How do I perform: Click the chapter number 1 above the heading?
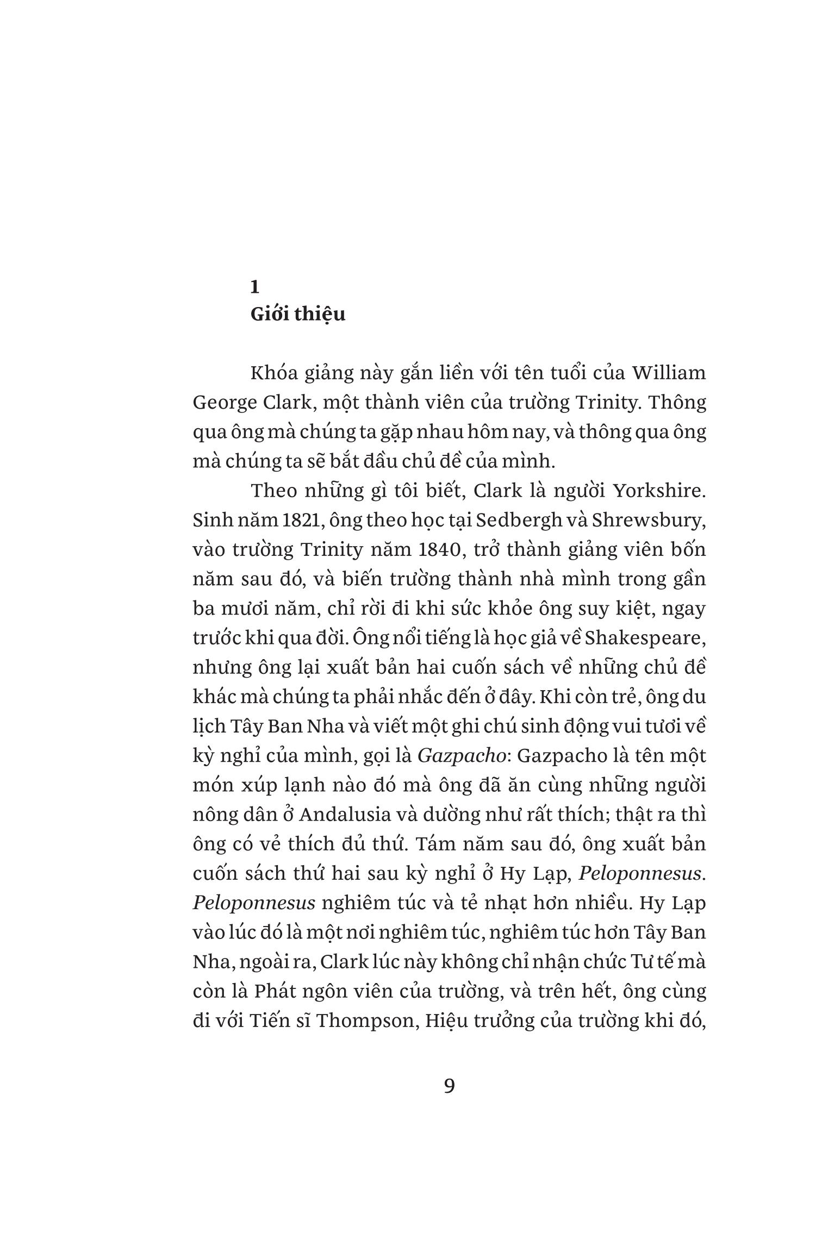tap(254, 286)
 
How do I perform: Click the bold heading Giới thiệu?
tap(297, 315)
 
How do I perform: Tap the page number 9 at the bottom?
tap(449, 1086)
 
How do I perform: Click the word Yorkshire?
tap(659, 491)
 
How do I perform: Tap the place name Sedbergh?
tap(519, 520)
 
